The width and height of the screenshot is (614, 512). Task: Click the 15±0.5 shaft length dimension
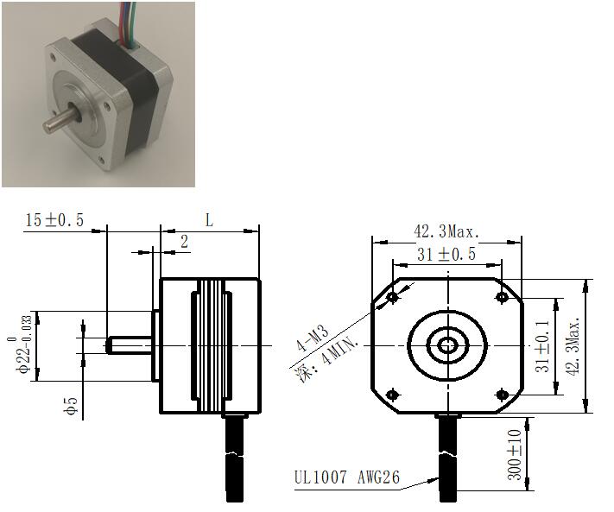pos(54,220)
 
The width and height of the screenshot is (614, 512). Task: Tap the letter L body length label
pos(210,220)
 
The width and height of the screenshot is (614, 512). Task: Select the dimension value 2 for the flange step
pos(184,242)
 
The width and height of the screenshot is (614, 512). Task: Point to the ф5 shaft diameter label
pos(72,406)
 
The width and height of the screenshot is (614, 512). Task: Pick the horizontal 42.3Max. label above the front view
pos(446,231)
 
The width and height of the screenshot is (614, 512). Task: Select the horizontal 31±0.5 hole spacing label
pos(446,255)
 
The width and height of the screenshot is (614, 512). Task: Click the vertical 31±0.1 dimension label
pos(542,346)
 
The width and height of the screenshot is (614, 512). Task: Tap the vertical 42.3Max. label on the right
pos(573,346)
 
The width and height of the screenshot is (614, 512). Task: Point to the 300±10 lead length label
pos(514,454)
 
